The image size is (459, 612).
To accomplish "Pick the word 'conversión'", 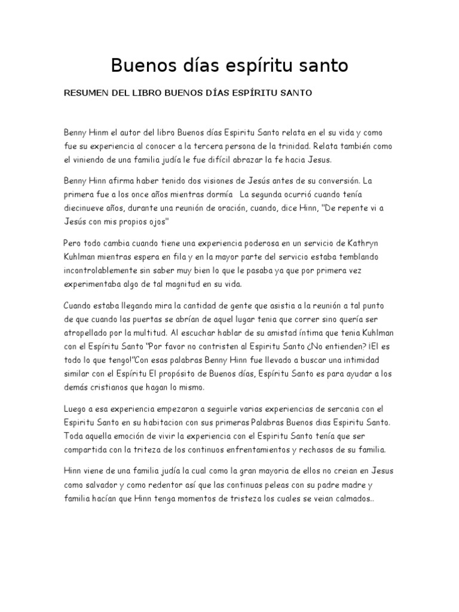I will coord(335,180).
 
